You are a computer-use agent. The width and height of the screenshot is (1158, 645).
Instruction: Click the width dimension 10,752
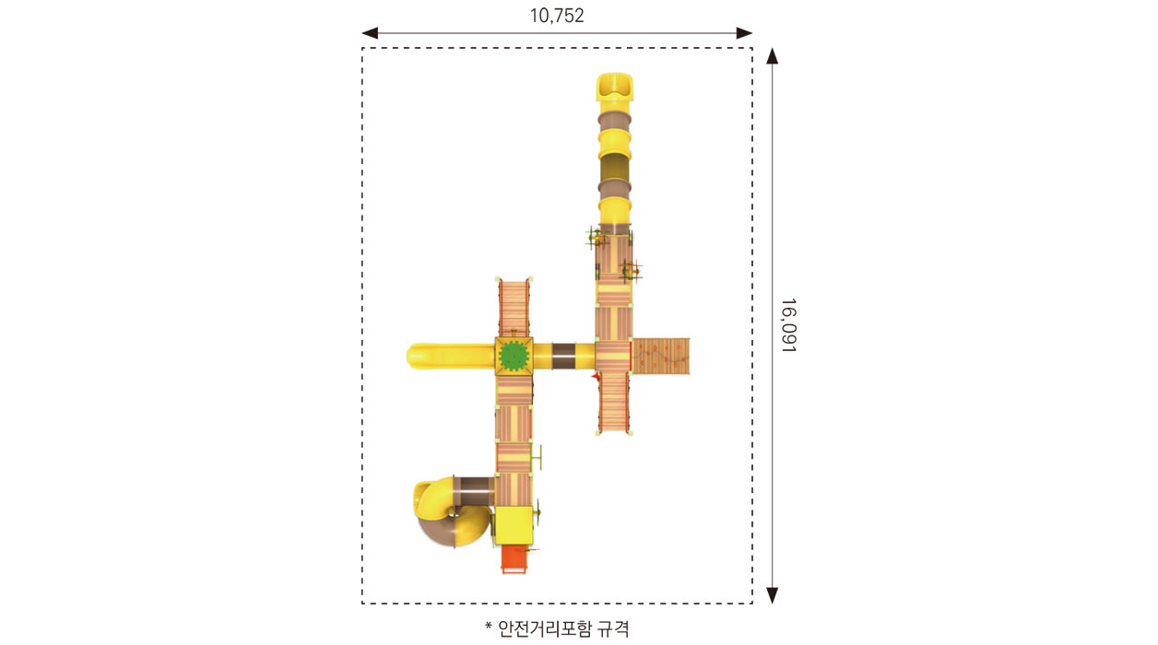(557, 16)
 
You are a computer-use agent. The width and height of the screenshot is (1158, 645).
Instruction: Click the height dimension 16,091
(788, 325)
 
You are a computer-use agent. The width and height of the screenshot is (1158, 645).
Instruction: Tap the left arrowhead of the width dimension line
(370, 33)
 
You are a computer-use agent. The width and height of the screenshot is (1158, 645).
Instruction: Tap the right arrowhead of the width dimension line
(744, 33)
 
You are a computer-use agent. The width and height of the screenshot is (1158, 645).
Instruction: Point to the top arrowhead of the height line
(773, 56)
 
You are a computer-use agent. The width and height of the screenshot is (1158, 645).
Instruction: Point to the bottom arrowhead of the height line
(773, 595)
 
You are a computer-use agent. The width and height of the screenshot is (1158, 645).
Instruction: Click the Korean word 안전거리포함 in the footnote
(544, 628)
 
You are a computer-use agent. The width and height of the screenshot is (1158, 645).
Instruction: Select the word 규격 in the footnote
(613, 628)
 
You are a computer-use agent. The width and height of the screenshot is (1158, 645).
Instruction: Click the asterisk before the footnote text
(488, 627)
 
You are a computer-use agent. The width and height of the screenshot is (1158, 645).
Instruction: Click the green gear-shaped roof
(514, 356)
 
